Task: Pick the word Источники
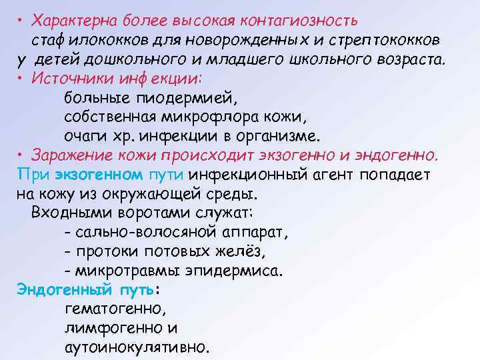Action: click(x=69, y=79)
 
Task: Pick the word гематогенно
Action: click(x=115, y=309)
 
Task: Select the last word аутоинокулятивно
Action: click(x=137, y=348)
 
